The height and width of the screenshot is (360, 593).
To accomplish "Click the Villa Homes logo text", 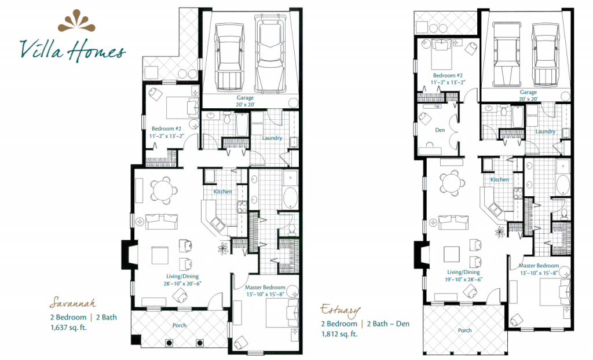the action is pos(72,50).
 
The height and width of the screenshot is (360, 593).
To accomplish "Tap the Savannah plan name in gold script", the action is pos(72,303).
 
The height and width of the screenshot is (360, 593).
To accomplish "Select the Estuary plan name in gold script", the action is pos(340,310).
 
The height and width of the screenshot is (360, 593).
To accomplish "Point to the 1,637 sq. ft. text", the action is pos(68,328).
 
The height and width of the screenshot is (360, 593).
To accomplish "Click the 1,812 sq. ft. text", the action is pos(339,334).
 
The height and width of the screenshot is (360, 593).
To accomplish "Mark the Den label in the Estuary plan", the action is pos(440,130).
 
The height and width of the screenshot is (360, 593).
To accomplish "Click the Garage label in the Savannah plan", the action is pos(245,98).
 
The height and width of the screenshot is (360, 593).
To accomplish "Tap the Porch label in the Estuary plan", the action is pos(465,330).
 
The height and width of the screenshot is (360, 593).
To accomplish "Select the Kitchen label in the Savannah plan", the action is pos(223,192).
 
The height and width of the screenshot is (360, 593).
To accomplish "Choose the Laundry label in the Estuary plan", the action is pos(545,131).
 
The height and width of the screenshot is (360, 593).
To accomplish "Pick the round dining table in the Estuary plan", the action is pos(452,181).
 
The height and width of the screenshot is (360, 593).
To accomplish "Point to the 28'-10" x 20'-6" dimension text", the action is pos(182,283).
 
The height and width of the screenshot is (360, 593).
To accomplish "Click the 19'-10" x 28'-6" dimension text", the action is pos(463,280).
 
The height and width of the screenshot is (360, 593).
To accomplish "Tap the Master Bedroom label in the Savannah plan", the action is pos(265,288).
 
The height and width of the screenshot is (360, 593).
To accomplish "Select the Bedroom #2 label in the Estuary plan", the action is pos(448,76).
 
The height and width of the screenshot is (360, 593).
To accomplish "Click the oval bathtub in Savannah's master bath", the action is pos(290,199).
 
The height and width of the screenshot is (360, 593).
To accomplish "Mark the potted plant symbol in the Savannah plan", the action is pos(222,248).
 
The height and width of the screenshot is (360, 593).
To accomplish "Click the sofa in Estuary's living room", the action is pos(453,222).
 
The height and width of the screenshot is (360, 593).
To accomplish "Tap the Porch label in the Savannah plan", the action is pos(180,325).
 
